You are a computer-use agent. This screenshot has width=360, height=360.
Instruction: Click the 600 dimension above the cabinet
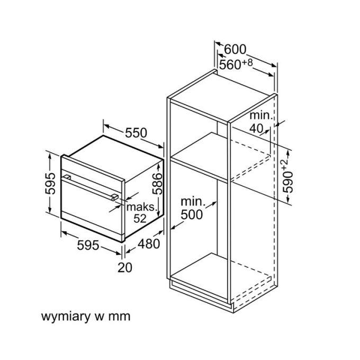point(235,49)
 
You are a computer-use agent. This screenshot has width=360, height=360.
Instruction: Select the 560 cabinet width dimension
point(230,65)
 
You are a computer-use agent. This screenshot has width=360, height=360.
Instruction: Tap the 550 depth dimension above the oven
point(136,133)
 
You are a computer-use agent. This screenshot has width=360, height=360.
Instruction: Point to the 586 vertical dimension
point(157,184)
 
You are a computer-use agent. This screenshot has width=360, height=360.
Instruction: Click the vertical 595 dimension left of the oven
point(50,184)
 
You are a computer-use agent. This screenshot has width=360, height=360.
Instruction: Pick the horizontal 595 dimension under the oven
point(88,245)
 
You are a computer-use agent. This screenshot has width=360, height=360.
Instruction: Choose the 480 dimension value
point(149,244)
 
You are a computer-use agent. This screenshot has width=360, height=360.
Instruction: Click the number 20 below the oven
point(125,267)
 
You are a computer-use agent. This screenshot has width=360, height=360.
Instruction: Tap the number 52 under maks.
point(140,219)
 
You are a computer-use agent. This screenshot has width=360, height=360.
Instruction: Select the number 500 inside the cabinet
point(192,215)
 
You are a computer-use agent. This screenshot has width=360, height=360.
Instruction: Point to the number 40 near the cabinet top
point(256,129)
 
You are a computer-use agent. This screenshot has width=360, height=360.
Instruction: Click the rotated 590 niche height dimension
point(288,182)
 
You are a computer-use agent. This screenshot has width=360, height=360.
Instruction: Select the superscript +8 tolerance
point(247,62)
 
